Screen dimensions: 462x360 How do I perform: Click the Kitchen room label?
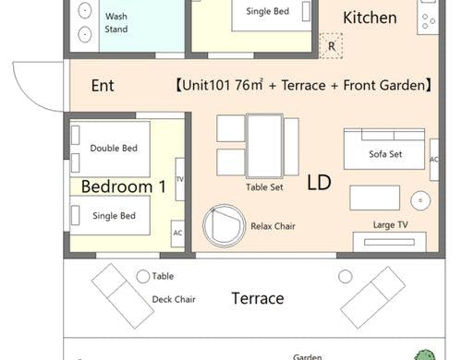point(370,18)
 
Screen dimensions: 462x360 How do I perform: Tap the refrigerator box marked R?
point(331,46)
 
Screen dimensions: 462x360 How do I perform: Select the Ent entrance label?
point(103,86)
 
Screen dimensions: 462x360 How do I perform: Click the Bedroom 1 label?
point(124,186)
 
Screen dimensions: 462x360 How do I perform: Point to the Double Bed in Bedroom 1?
point(110,149)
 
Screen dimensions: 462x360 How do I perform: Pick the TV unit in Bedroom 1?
point(180,179)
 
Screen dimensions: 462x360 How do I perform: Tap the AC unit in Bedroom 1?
point(177,234)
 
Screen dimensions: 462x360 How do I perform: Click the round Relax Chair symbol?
point(224,226)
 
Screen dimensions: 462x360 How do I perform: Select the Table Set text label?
point(264,187)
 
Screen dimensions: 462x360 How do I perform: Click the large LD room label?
point(319,182)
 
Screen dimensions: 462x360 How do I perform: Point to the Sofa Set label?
point(385,154)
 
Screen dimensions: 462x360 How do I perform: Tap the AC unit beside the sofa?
point(434,160)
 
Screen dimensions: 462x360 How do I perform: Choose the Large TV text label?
point(391,225)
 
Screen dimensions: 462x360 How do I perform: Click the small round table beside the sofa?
point(420,200)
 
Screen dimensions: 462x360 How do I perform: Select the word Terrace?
point(258,298)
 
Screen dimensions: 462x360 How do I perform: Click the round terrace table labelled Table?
point(143,276)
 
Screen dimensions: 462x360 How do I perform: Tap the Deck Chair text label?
point(174,299)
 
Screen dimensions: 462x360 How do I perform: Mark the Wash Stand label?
point(116,22)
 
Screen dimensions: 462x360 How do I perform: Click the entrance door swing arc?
point(26,97)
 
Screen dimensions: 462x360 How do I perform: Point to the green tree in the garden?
point(425,354)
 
